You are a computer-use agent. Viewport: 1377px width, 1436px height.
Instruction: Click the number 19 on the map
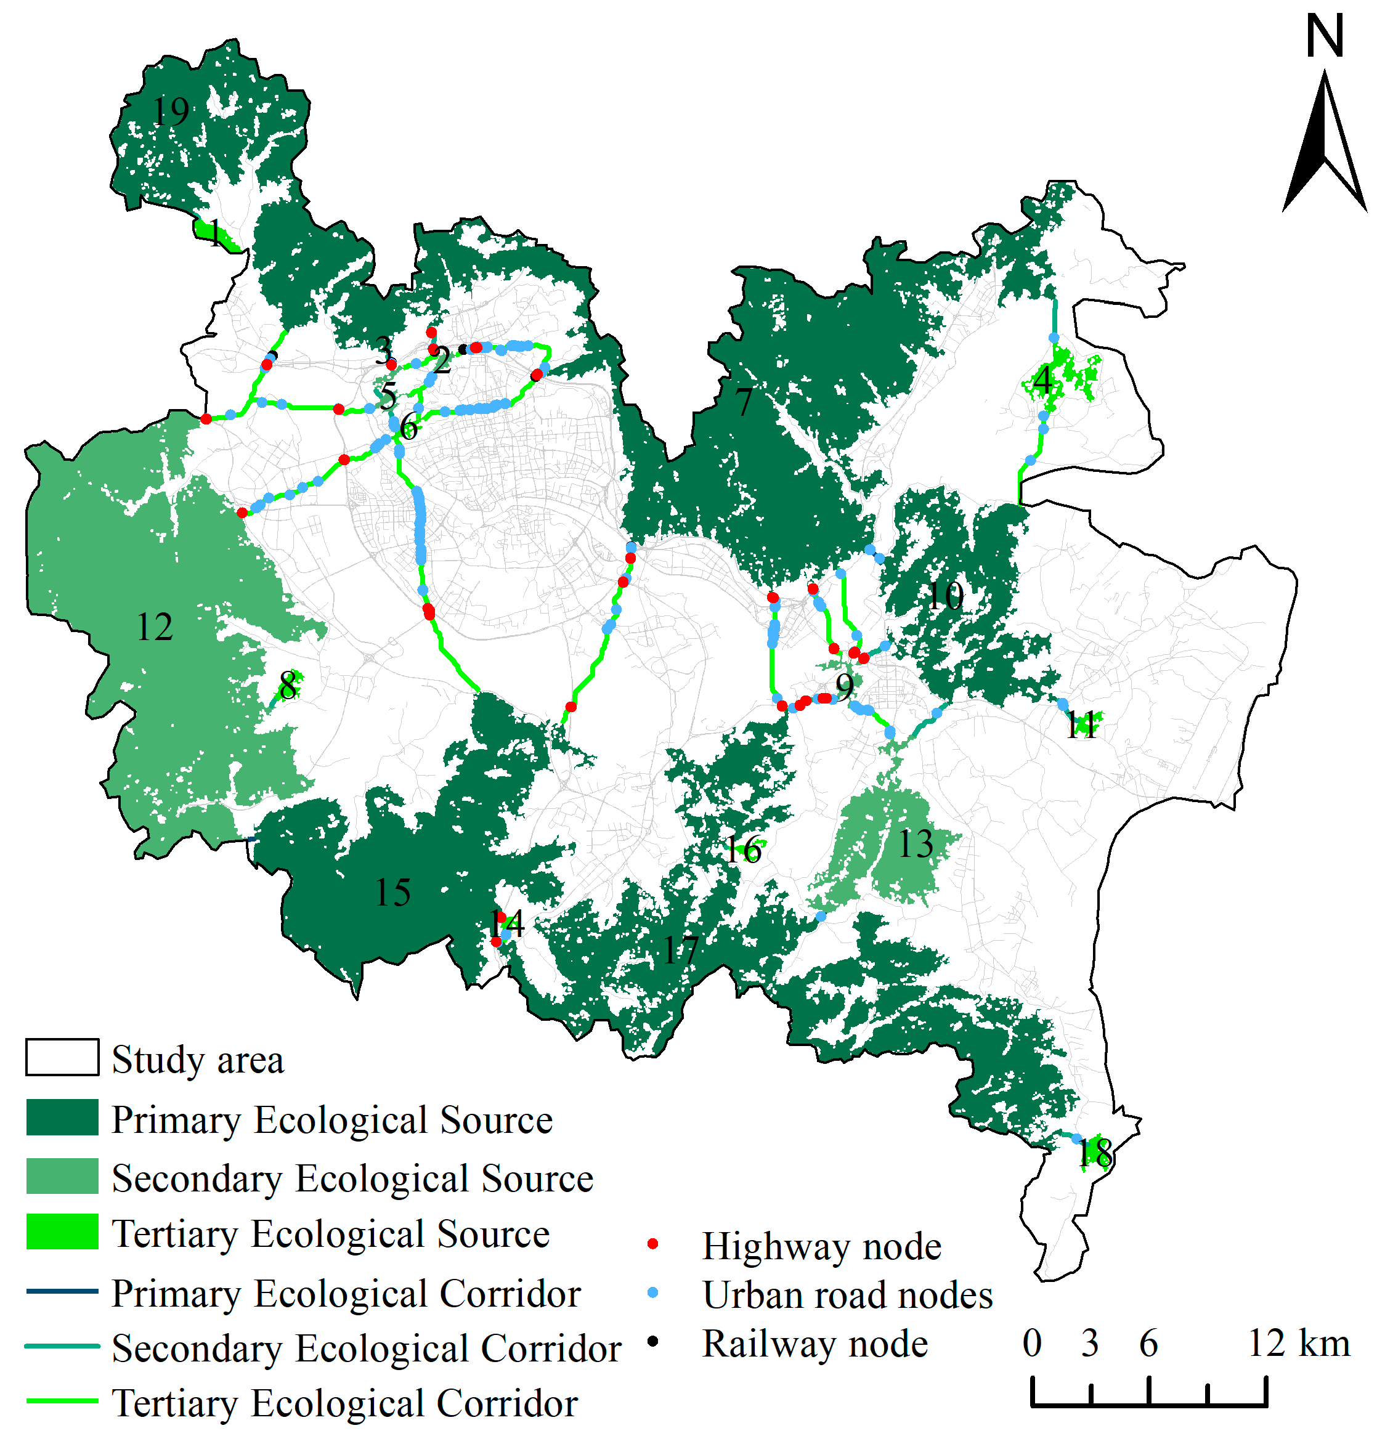(x=170, y=112)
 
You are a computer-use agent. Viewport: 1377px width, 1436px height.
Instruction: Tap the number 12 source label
(x=155, y=627)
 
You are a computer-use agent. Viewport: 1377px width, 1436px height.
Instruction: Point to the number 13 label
(x=916, y=844)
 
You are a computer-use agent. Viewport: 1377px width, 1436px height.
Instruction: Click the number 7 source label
(x=744, y=402)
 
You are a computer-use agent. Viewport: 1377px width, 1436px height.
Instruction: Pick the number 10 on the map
(x=944, y=596)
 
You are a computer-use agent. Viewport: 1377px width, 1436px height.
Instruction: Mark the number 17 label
(x=681, y=951)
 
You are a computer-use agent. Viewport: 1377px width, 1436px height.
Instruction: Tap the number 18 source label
(x=1095, y=1153)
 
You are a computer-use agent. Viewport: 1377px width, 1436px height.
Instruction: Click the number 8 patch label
(x=288, y=686)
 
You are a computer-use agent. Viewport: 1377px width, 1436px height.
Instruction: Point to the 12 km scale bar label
(x=1299, y=1344)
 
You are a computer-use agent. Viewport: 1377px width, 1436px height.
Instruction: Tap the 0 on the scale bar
(x=1032, y=1344)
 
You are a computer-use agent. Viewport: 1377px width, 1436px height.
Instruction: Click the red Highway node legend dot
(x=652, y=1244)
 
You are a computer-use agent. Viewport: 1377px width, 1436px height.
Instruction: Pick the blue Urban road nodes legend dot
(x=652, y=1293)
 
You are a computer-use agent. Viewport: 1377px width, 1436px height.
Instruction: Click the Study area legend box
(x=62, y=1057)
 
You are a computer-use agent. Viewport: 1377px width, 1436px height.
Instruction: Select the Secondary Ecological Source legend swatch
(x=62, y=1176)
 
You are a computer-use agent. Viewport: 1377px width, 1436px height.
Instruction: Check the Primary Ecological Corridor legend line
(x=62, y=1291)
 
